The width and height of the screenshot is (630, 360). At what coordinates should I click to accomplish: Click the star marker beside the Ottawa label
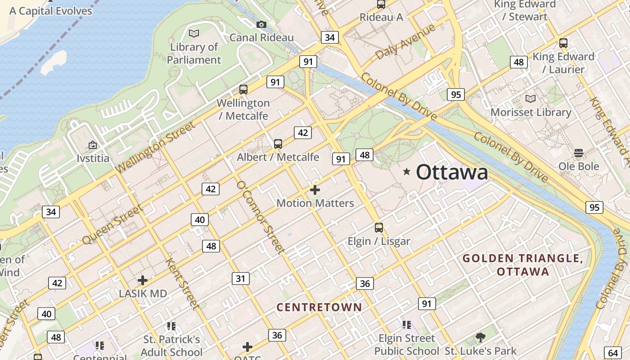click(x=407, y=171)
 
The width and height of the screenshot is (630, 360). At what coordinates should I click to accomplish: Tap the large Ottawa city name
click(x=452, y=172)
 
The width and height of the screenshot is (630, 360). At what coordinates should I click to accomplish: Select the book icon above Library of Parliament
click(x=194, y=33)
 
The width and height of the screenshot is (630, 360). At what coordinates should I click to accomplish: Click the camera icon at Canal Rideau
click(x=261, y=24)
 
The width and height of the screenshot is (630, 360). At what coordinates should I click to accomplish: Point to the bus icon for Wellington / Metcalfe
click(x=243, y=90)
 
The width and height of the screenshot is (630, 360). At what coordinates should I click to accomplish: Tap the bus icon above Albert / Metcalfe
click(x=278, y=144)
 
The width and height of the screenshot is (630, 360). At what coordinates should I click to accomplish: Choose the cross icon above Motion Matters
click(x=315, y=190)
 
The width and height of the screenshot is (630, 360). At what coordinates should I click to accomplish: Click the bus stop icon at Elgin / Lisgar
click(x=379, y=228)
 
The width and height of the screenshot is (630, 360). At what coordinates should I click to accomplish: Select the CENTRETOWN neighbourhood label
click(x=319, y=307)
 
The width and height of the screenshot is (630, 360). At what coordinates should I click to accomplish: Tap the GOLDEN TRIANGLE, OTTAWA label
click(x=523, y=265)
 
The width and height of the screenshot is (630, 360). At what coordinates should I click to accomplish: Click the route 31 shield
click(x=241, y=279)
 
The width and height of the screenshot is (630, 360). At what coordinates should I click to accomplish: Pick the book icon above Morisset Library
click(x=531, y=99)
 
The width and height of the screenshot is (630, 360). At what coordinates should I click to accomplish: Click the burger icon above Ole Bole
click(x=579, y=153)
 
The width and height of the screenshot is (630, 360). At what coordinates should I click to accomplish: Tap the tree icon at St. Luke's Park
click(x=481, y=337)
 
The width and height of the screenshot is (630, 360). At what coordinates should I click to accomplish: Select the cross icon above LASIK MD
click(x=143, y=280)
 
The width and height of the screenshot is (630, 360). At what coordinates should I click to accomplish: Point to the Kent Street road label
click(x=182, y=284)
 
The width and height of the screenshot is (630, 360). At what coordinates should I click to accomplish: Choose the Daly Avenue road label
click(x=405, y=41)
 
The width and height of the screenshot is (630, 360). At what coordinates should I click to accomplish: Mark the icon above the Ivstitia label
click(x=93, y=145)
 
